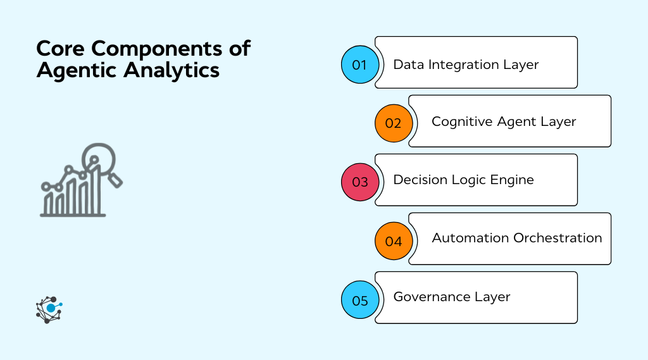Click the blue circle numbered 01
tap(359, 65)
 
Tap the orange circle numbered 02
tap(393, 123)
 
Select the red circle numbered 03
tap(359, 182)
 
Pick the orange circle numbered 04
tap(393, 241)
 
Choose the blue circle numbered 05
tap(359, 300)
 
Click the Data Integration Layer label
tap(466, 65)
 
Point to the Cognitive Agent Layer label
tap(504, 121)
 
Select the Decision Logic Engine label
tap(463, 180)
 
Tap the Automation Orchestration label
tap(516, 238)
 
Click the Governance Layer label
tap(451, 297)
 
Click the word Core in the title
tap(60, 49)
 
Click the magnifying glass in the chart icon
tap(102, 158)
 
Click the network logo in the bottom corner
tap(49, 309)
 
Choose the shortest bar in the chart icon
tap(48, 204)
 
